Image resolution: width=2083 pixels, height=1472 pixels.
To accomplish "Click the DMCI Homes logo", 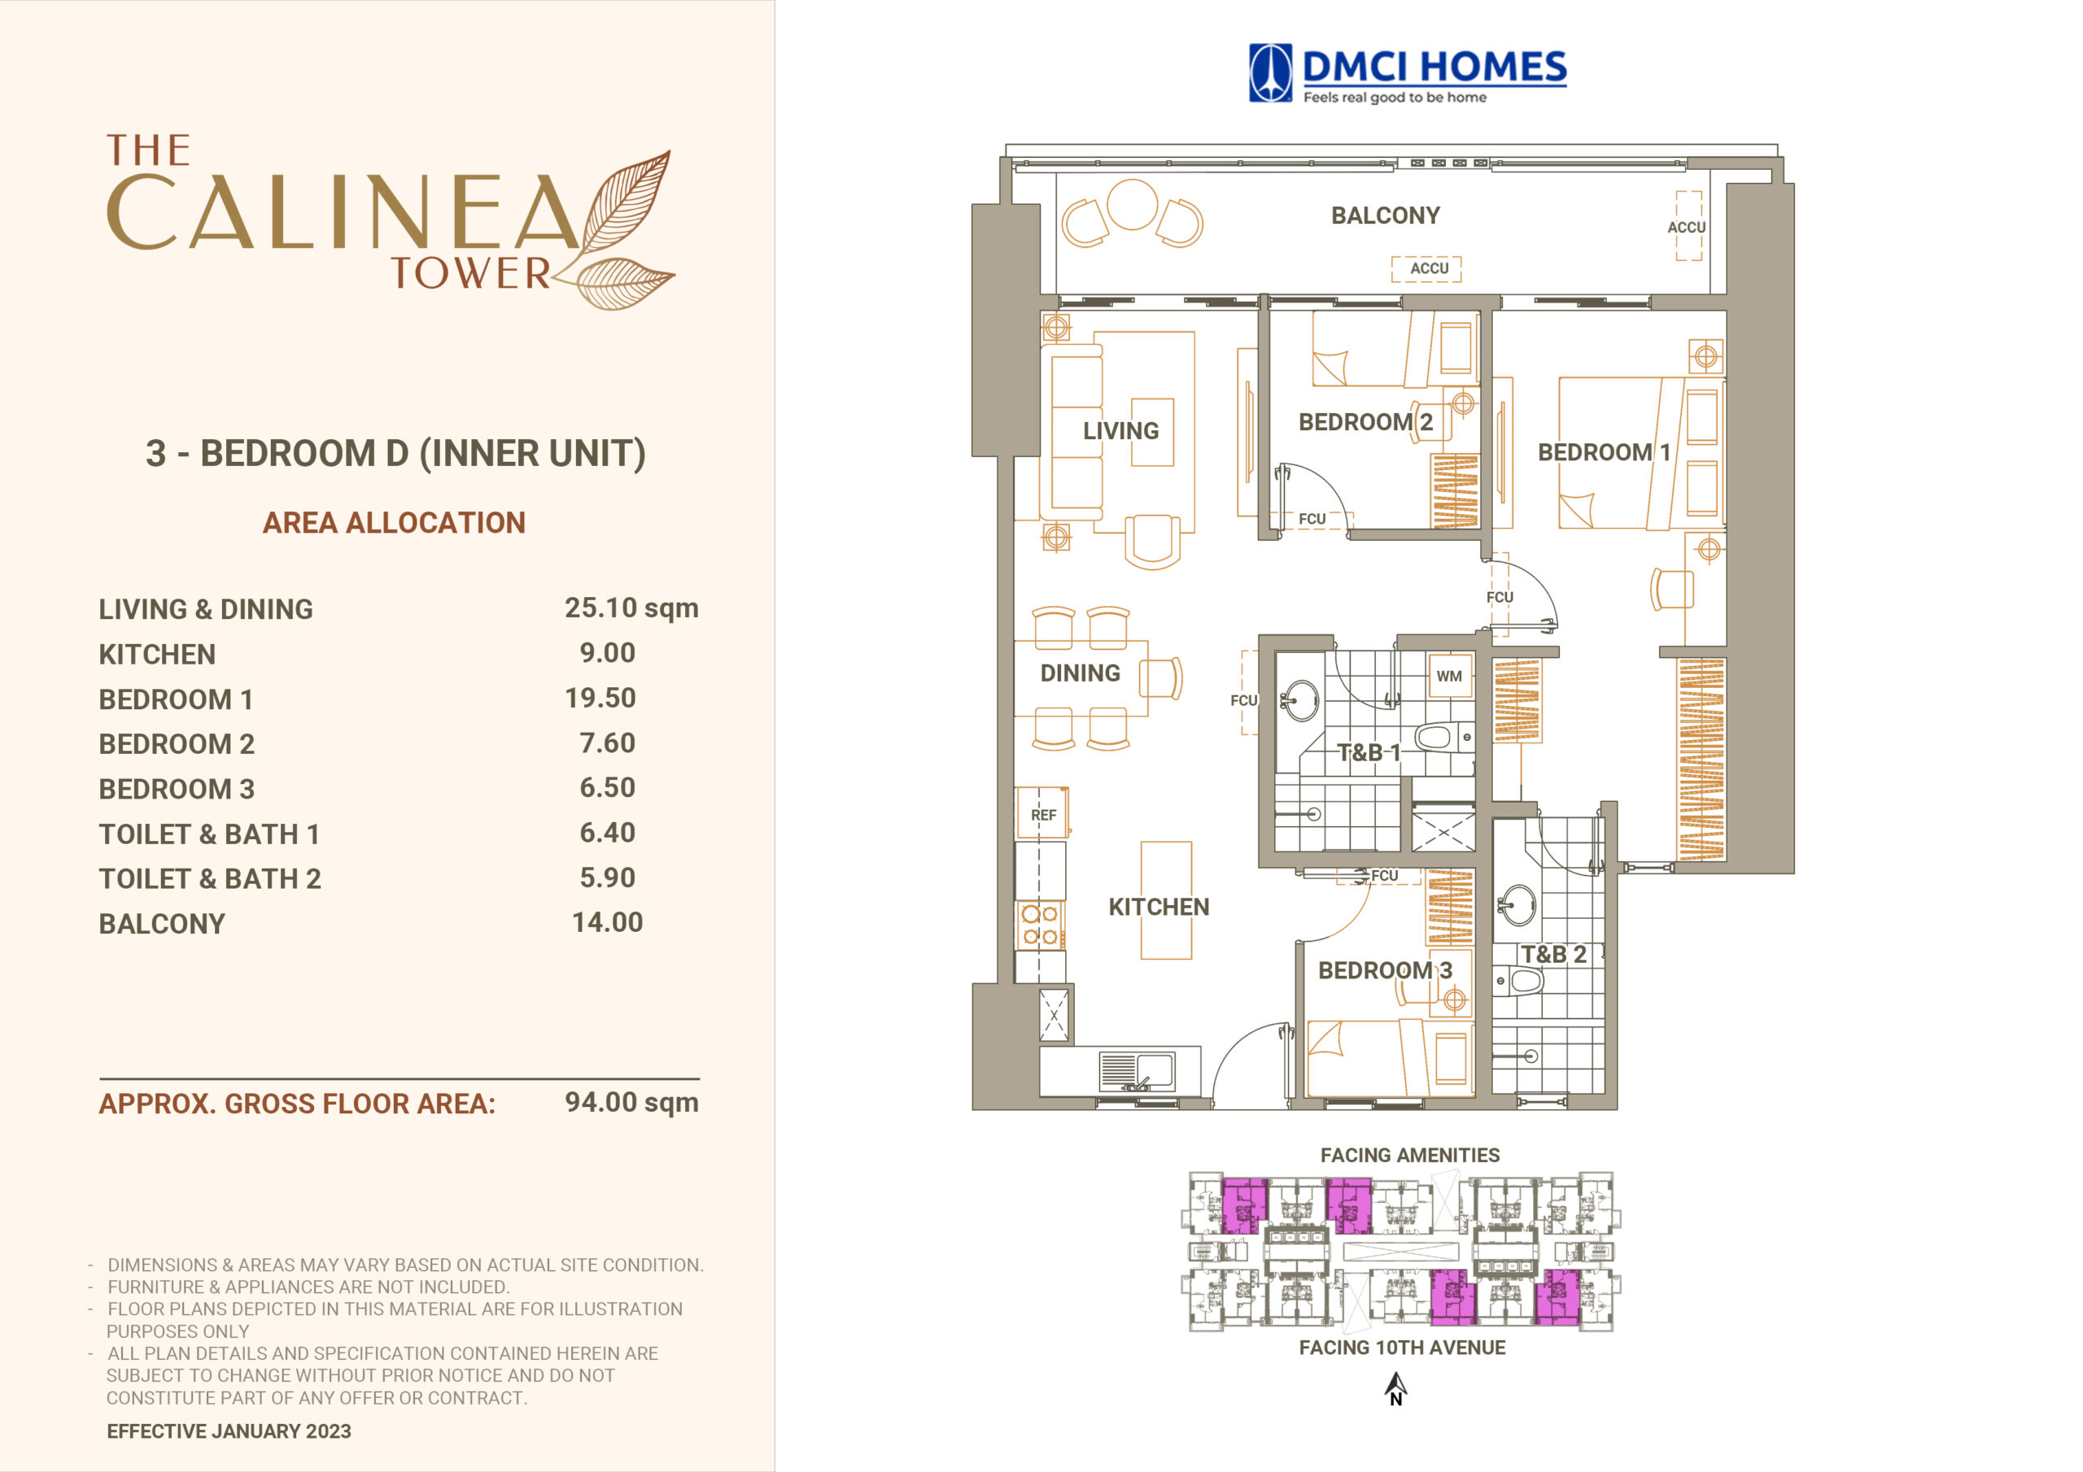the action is tap(1407, 73).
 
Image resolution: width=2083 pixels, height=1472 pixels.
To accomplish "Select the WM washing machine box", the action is tap(1449, 676).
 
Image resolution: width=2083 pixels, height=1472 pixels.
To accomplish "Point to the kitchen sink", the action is tap(1136, 1071).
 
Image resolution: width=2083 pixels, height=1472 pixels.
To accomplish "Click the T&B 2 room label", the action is tap(1554, 954).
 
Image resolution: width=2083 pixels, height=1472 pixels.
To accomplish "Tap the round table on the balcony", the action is tap(1131, 204).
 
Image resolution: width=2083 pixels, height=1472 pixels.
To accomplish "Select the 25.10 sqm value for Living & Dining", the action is tap(631, 608).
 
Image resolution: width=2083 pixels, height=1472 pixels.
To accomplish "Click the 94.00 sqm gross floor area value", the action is tap(631, 1102).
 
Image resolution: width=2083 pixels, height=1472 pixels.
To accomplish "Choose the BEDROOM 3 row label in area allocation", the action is tap(177, 789).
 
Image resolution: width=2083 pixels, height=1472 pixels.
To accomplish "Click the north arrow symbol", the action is tap(1395, 1387).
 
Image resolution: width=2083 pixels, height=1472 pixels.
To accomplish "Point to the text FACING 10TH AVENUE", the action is tap(1402, 1348).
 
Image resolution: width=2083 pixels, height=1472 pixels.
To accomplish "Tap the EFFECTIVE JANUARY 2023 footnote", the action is tap(229, 1431).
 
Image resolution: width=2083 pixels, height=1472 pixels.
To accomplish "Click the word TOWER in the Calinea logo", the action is tap(470, 273).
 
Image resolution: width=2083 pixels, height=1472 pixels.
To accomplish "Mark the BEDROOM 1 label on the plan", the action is tap(1603, 451).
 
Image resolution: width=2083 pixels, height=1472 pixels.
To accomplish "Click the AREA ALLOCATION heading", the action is tap(394, 522).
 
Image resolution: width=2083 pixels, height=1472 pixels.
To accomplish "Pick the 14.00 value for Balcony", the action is tap(607, 922).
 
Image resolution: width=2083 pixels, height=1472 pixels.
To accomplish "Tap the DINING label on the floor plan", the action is tap(1080, 673).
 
